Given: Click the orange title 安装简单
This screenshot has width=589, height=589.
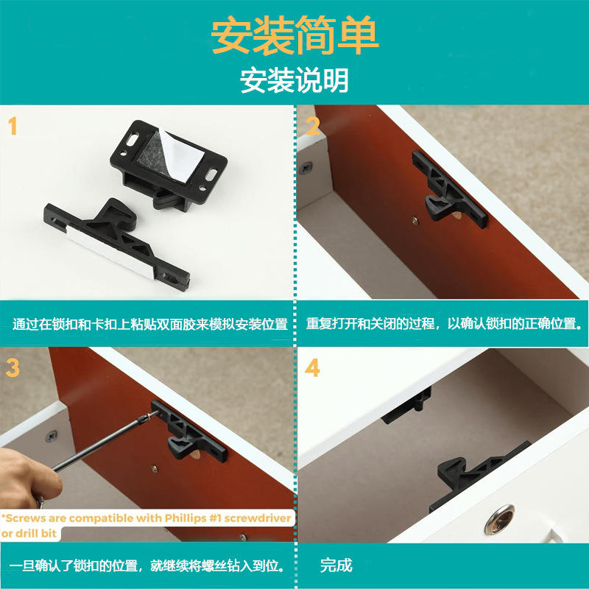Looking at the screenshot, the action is (295, 35).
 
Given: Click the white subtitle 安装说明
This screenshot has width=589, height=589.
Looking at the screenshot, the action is (294, 80).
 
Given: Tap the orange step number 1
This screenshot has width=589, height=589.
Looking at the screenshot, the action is (13, 126).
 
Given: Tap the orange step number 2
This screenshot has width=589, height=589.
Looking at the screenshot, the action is (313, 126).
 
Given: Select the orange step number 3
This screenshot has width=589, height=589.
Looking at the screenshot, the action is (13, 367).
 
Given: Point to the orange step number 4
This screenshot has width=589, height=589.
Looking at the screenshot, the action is (312, 367).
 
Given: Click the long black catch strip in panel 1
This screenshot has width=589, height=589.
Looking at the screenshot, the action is (116, 244).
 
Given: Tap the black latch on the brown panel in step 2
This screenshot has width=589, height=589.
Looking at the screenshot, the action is (450, 190).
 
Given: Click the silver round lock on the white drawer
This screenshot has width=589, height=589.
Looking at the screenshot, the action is (499, 520).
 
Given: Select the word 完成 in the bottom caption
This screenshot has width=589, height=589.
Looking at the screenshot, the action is (336, 565).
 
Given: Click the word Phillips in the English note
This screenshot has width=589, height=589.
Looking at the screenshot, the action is (186, 518).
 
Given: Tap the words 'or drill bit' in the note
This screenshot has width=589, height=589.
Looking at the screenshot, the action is (29, 533).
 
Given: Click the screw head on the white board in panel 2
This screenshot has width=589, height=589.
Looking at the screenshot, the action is (306, 167).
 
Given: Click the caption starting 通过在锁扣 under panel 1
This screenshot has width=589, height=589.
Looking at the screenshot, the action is (150, 324).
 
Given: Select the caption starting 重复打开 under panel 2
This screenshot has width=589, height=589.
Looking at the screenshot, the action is (445, 323).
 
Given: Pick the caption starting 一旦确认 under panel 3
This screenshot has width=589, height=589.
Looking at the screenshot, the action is (147, 565).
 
